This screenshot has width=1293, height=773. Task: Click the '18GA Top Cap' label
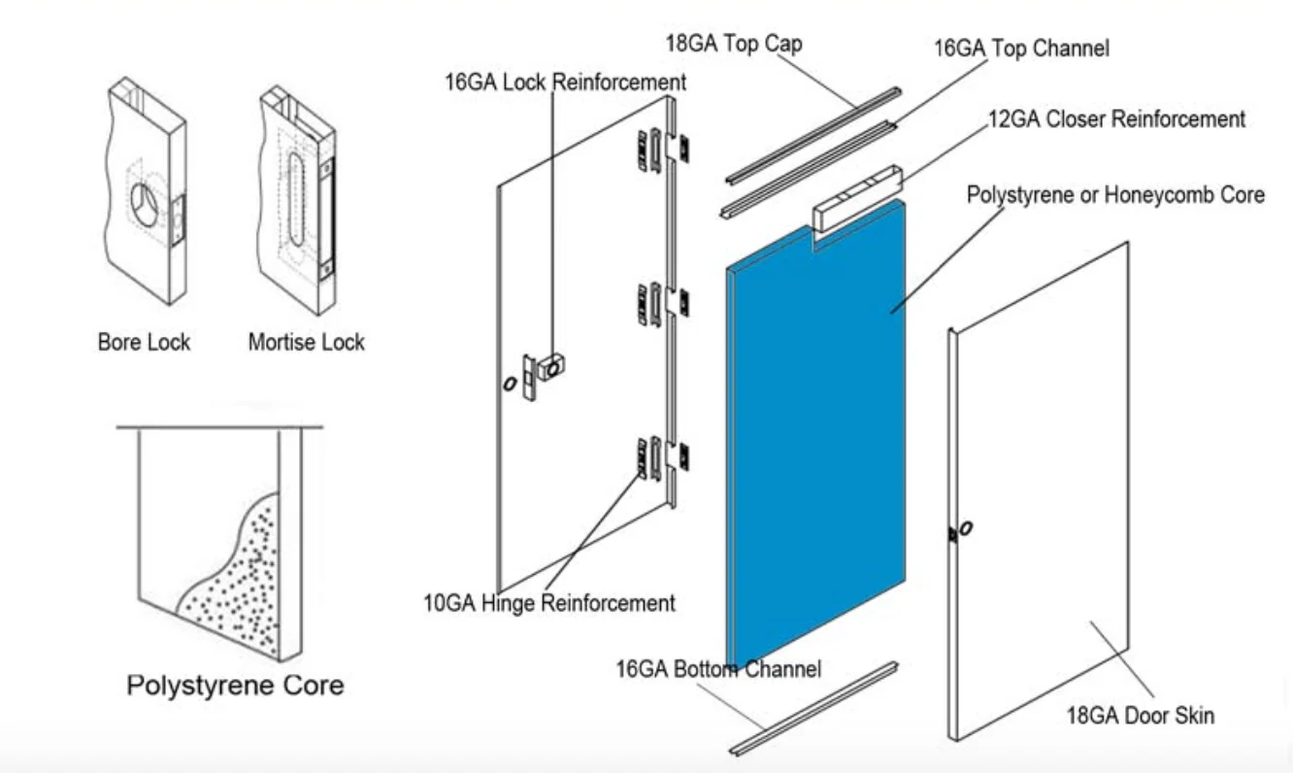[733, 45]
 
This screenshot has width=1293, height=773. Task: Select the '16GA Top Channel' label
[1021, 49]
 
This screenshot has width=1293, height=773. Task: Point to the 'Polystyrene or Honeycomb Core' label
[1115, 195]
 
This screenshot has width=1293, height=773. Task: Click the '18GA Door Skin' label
[1141, 717]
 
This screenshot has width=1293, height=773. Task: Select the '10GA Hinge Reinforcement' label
[548, 603]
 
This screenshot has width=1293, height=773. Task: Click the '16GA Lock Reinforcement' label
[565, 83]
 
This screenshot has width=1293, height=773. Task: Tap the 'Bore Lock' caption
[144, 342]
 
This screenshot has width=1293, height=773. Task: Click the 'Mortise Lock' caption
[306, 342]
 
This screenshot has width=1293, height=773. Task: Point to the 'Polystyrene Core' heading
[235, 686]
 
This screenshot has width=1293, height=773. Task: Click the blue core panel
[815, 437]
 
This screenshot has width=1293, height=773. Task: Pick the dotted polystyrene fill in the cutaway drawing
[238, 583]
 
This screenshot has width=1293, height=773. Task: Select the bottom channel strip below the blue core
[813, 709]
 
